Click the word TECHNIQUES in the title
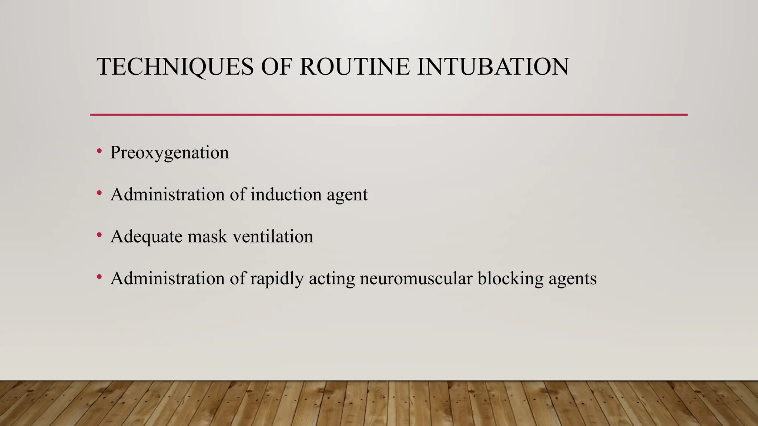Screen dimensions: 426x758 (175, 67)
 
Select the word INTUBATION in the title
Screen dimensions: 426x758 (493, 67)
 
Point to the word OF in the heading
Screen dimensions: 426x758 (276, 67)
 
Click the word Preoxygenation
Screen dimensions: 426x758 (170, 153)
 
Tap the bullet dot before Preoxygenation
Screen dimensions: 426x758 (99, 151)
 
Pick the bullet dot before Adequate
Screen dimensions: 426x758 (99, 234)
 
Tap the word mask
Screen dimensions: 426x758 (207, 236)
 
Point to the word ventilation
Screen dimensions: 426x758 (273, 236)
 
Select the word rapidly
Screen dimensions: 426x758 (277, 279)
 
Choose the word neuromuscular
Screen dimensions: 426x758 (416, 278)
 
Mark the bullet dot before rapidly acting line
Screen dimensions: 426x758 (99, 276)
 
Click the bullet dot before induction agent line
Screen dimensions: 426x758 (99, 193)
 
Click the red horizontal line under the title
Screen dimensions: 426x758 (389, 115)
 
